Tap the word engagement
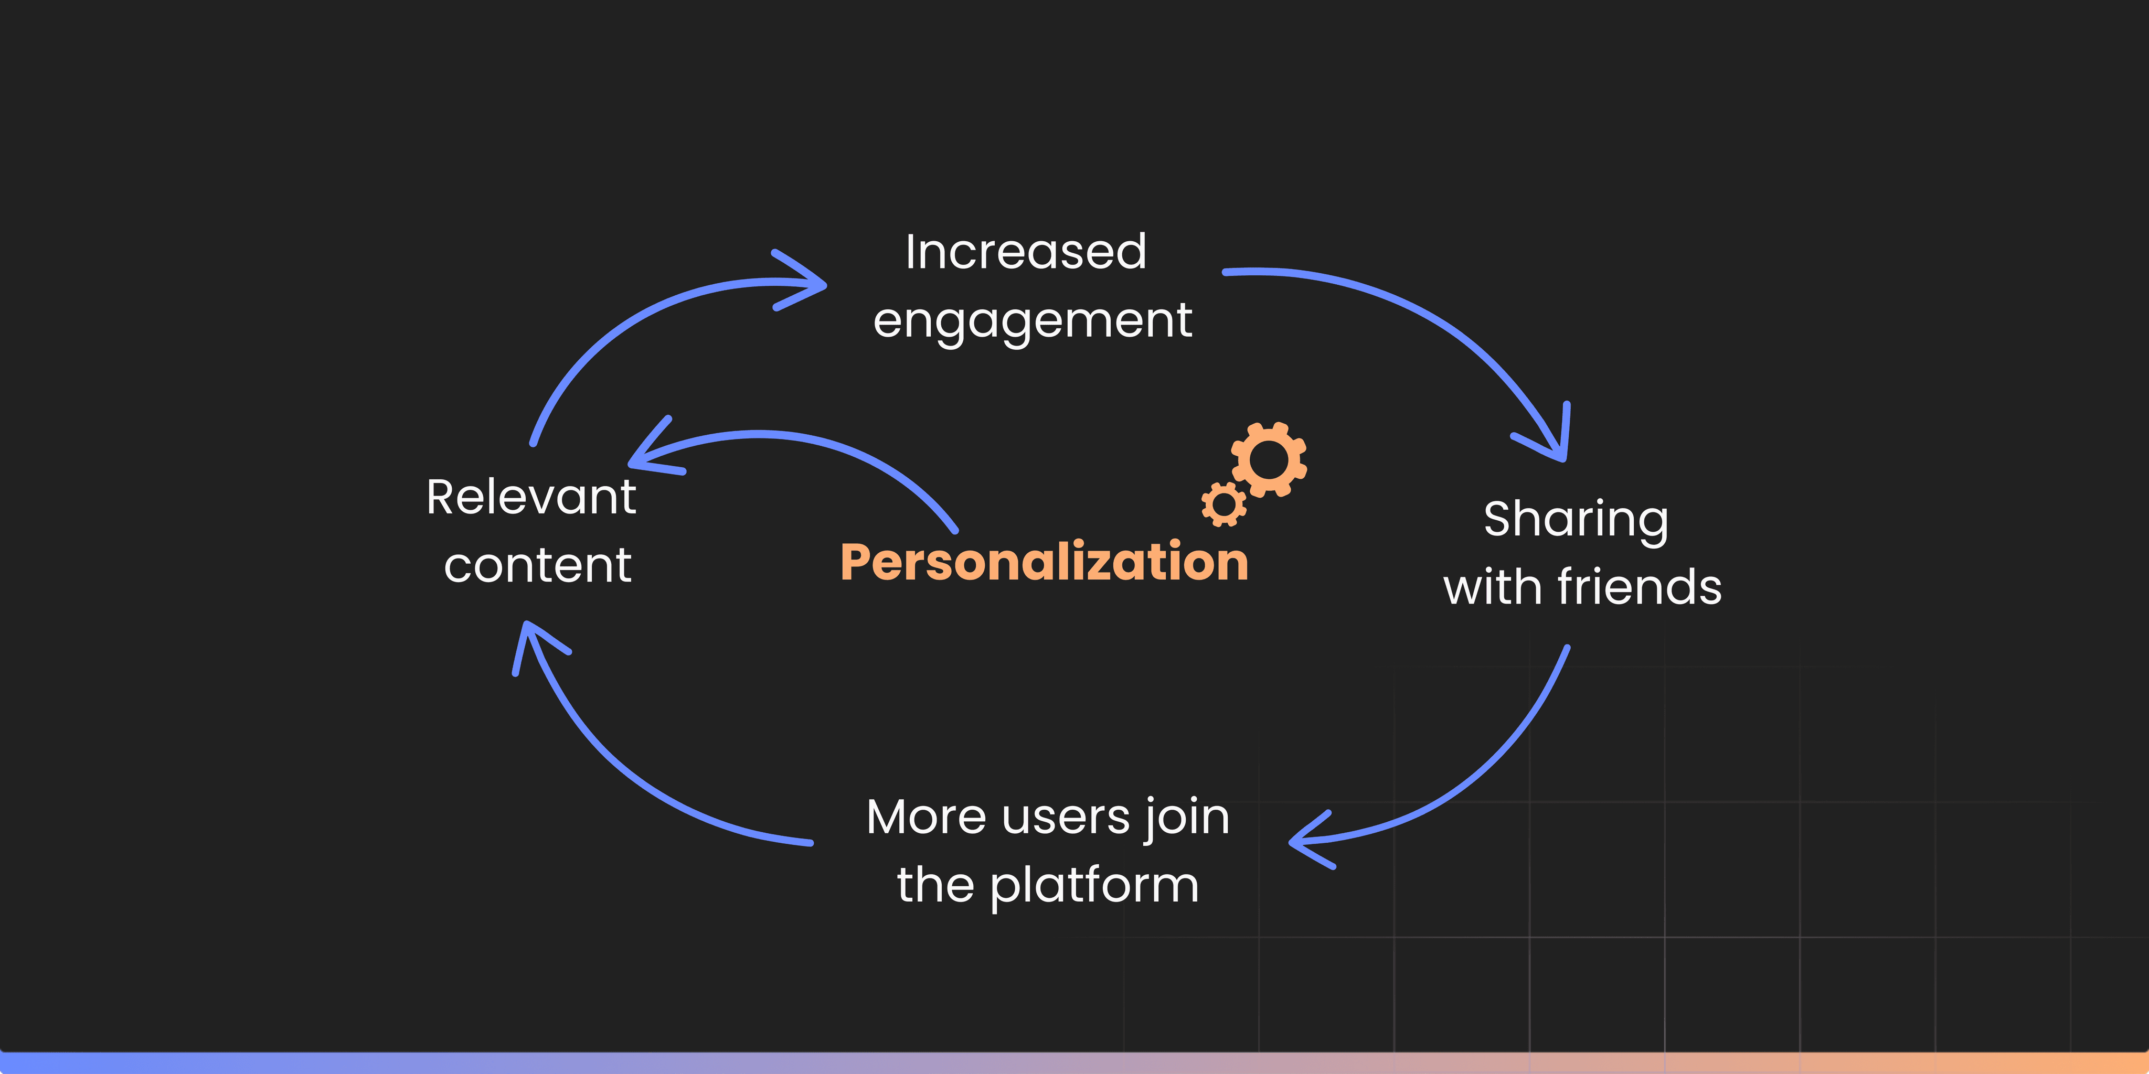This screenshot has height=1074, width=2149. (x=1033, y=321)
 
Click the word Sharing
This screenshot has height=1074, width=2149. (x=1576, y=520)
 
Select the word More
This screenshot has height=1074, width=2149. (x=926, y=817)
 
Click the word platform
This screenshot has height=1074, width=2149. (x=1094, y=886)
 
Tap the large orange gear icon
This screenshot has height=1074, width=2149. (x=1269, y=459)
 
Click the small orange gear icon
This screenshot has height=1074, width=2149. (x=1224, y=503)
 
